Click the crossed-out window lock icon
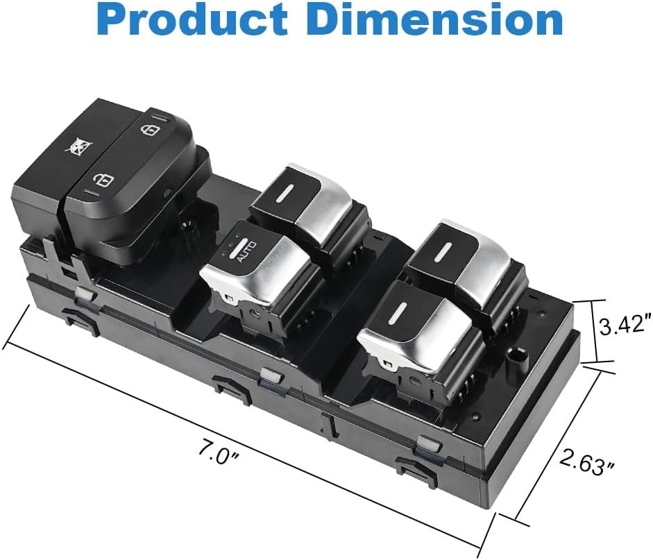[80, 147]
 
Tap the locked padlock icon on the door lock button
[150, 130]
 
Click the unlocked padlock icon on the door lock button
[103, 180]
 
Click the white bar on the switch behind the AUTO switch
[288, 193]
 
